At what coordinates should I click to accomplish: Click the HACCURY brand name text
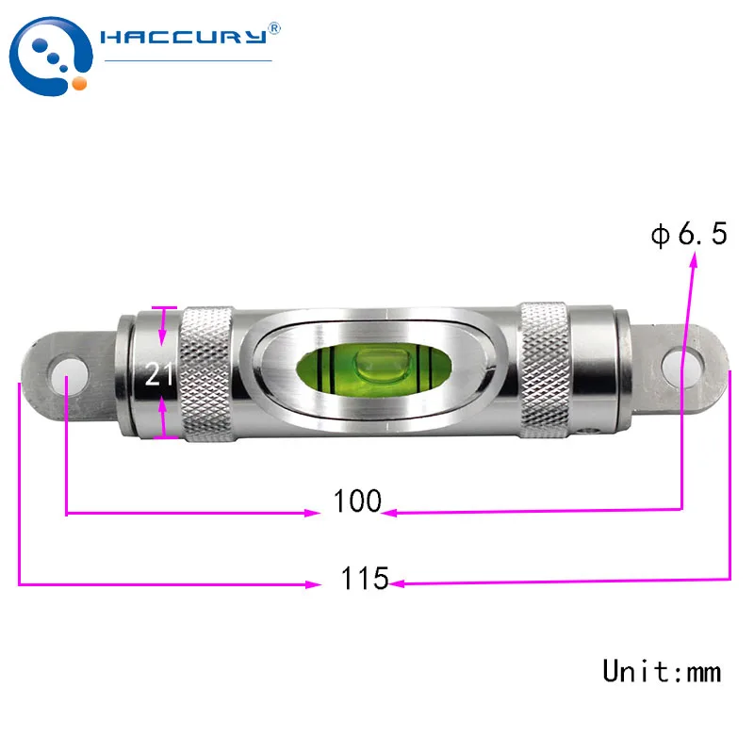[183, 37]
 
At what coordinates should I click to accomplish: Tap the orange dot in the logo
[79, 83]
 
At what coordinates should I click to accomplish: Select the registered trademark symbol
[273, 28]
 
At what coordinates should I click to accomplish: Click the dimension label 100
[357, 501]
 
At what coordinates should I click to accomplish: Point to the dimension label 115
[365, 578]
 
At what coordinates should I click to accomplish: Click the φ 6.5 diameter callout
[689, 234]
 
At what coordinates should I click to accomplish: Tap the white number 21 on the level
[158, 374]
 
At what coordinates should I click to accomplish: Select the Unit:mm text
[662, 671]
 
